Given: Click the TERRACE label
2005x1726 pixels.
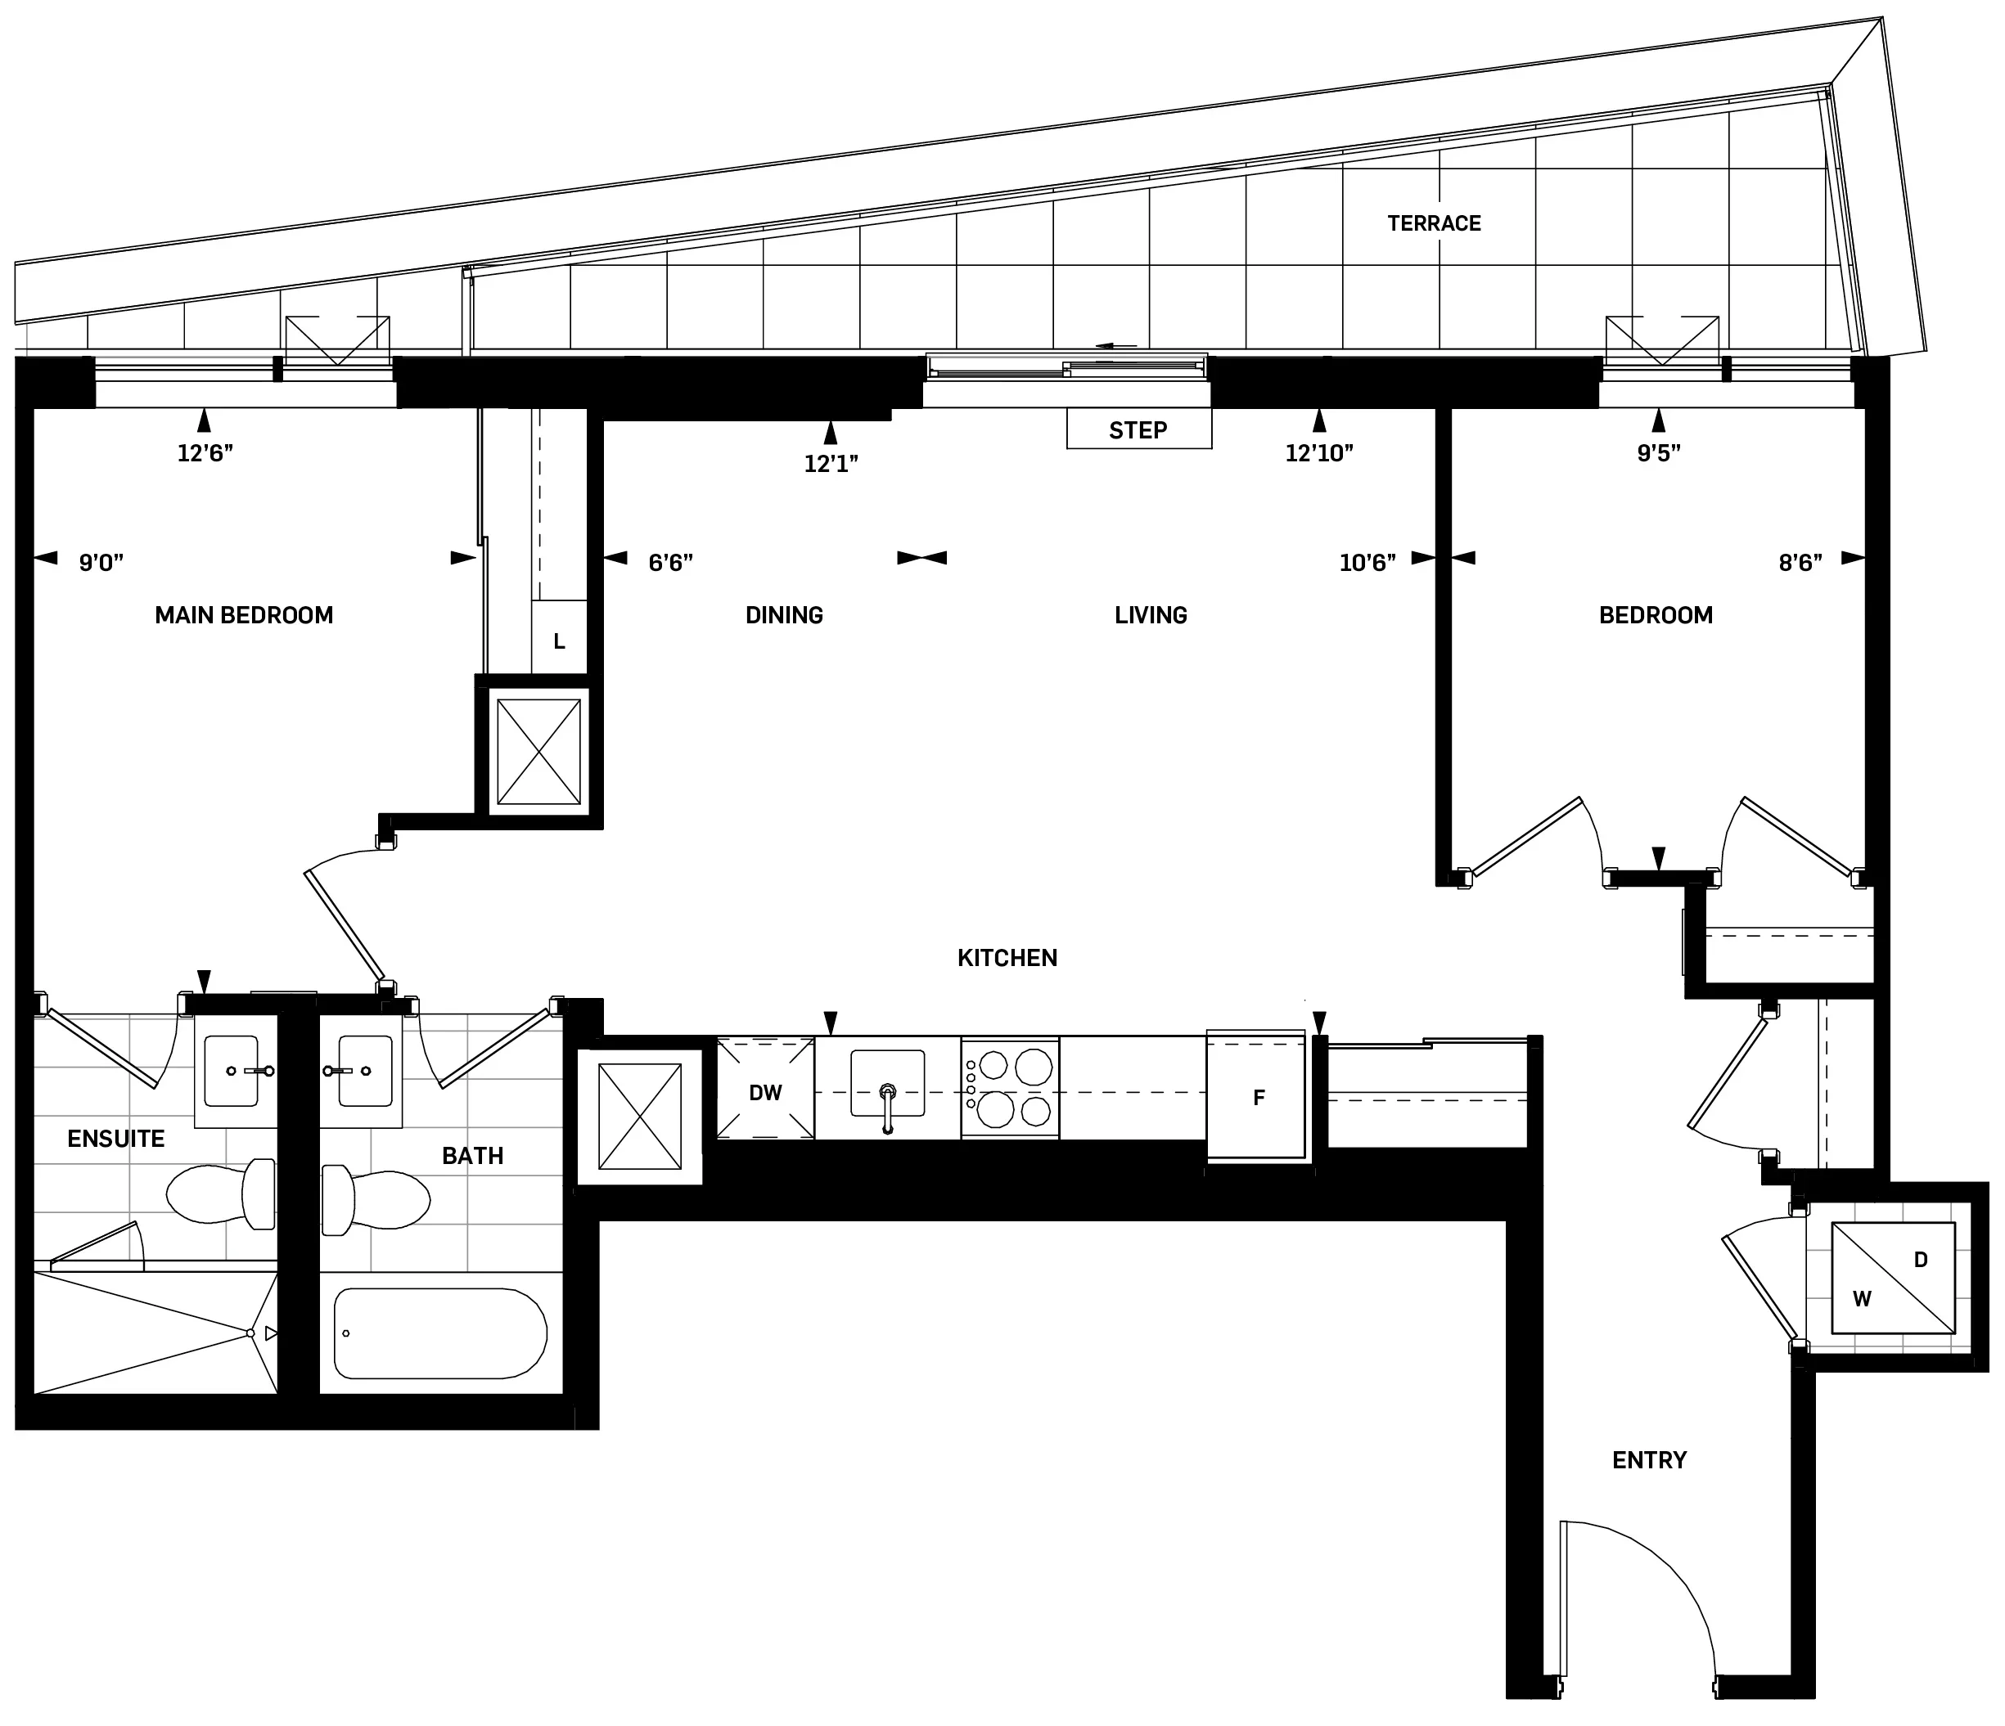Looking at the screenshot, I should tap(1433, 223).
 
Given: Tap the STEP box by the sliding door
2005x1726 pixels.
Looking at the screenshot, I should tap(1138, 429).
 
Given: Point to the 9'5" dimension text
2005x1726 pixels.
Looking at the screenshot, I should tap(1658, 453).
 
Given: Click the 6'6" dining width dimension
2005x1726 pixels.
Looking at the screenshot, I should tap(669, 562).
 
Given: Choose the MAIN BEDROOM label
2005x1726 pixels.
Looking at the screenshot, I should tap(244, 615).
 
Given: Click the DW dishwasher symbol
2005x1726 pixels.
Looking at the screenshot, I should tap(764, 1092).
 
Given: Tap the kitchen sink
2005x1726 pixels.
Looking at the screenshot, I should tap(886, 1085).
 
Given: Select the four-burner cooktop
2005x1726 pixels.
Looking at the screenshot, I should tap(1010, 1089).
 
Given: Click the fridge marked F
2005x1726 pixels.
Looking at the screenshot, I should tap(1257, 1097).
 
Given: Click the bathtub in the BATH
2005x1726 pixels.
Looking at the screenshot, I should tap(440, 1333).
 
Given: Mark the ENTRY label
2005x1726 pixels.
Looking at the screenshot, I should tap(1649, 1459).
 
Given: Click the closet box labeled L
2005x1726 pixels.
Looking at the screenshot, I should tap(558, 641).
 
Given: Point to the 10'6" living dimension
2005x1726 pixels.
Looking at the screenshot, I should tap(1367, 562).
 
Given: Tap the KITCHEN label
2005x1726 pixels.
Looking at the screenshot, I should tap(1007, 958).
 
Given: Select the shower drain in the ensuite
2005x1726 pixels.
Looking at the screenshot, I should tap(250, 1333).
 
